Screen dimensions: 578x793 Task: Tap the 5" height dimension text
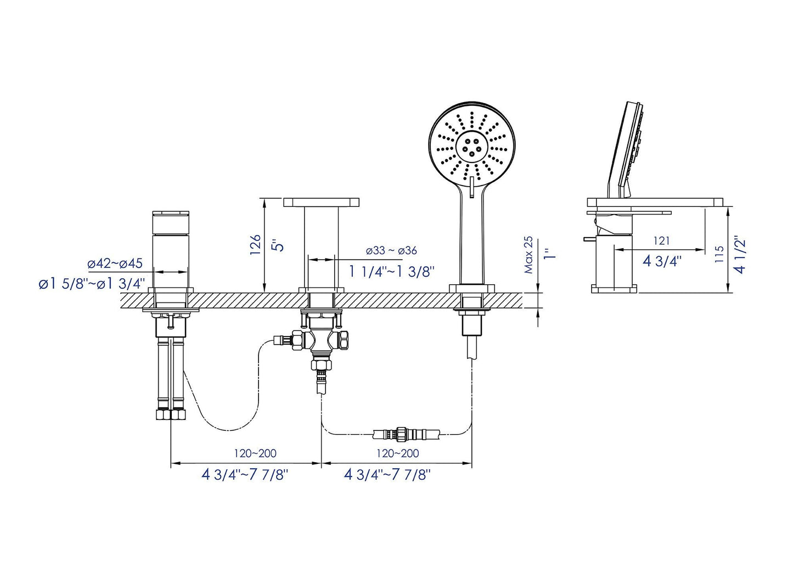[x=280, y=243]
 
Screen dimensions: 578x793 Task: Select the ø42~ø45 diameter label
[x=115, y=263]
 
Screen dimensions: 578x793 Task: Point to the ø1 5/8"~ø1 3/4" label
[x=92, y=284]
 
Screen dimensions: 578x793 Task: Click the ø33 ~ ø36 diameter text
[x=391, y=251]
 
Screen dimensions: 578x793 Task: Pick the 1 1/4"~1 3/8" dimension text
[x=392, y=271]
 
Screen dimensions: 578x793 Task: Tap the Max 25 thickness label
[x=528, y=255]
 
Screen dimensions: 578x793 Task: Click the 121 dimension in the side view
[x=661, y=240]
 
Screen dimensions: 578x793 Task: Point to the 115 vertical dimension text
[x=719, y=254]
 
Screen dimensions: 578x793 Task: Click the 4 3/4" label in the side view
[x=662, y=260]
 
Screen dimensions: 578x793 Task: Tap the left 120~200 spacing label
[x=255, y=453]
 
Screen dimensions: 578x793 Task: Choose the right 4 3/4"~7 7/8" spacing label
[x=387, y=475]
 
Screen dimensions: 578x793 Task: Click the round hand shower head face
[x=471, y=144]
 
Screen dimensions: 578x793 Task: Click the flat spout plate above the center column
[x=321, y=202]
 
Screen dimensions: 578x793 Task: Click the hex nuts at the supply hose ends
[x=171, y=416]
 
